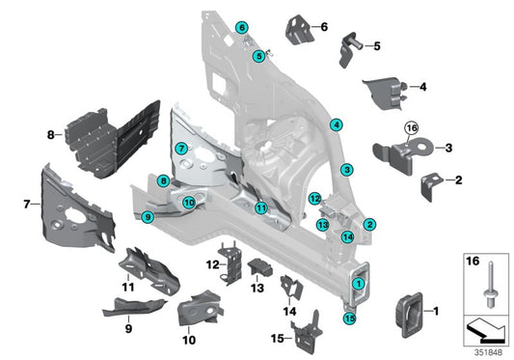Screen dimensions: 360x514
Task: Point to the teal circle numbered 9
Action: (x=148, y=218)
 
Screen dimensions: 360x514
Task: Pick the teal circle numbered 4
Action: (x=337, y=125)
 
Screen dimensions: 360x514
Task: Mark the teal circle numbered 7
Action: (x=180, y=149)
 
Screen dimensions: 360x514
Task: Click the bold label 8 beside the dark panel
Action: (x=50, y=136)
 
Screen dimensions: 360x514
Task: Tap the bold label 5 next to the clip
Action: (x=376, y=45)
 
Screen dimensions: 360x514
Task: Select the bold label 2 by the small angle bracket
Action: (x=458, y=180)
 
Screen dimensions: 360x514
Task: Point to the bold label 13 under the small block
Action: (x=257, y=287)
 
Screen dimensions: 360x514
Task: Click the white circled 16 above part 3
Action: (x=412, y=126)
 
